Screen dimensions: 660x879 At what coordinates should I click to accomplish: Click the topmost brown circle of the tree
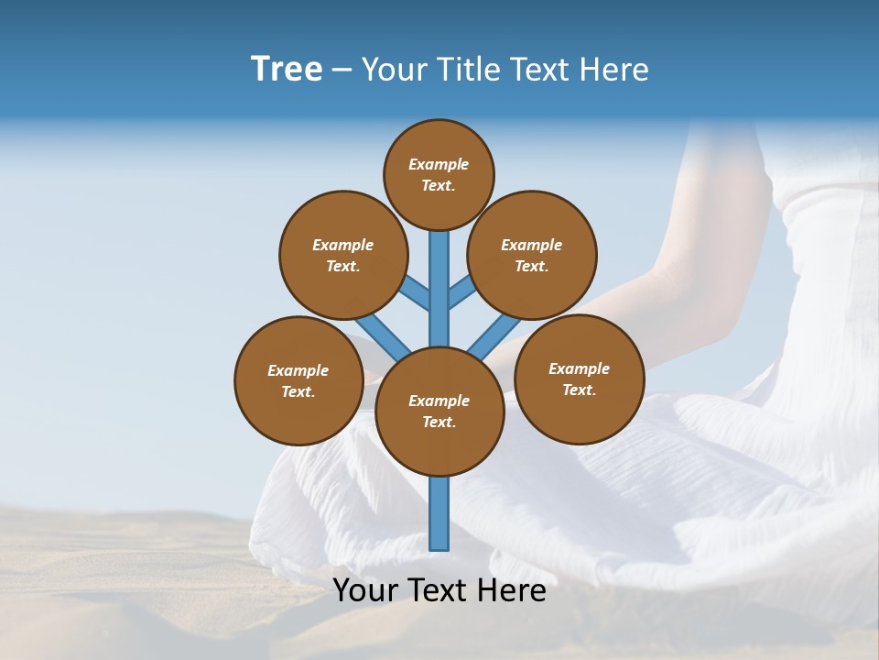coord(439,174)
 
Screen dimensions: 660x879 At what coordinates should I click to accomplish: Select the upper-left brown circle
coord(343,255)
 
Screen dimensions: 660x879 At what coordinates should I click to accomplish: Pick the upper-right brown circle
coord(532,255)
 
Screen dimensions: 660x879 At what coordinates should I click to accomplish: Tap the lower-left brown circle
coord(298,380)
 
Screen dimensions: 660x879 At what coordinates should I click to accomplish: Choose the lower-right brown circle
coord(580,379)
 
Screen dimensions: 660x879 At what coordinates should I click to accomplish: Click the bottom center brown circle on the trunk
coord(439,412)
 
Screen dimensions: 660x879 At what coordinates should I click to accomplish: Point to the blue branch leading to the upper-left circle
coord(415,292)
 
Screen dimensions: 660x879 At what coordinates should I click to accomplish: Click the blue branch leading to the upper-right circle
coord(462,292)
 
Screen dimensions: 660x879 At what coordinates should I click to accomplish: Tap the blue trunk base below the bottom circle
coord(439,513)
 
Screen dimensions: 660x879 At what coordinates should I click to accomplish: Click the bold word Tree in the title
coord(287,69)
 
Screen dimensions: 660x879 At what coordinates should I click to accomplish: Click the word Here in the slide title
coord(615,70)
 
